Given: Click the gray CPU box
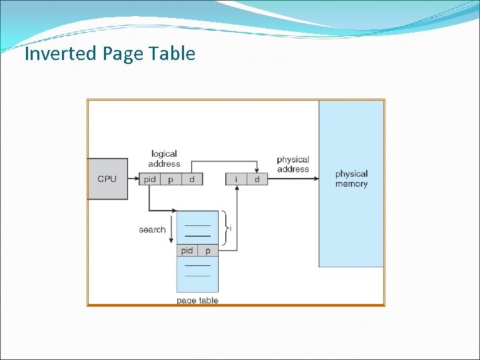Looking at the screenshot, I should click(107, 179).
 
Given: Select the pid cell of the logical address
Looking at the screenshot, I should click(150, 179).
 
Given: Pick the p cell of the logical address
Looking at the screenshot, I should click(171, 179).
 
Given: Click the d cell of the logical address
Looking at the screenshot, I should click(192, 179).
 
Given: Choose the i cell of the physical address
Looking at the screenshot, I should click(237, 179).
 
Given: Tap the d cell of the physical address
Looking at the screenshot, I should click(257, 179).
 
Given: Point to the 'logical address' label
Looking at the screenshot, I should click(164, 159).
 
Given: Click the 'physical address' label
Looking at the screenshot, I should click(293, 164).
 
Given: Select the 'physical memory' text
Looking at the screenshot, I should click(351, 179).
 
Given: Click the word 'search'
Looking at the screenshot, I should click(152, 229).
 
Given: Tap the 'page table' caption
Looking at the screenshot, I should click(197, 301).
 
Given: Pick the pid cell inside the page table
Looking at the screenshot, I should click(187, 251).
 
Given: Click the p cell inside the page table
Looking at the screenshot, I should click(208, 251).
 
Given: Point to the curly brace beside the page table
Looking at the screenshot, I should click(225, 229).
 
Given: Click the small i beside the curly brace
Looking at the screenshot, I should click(231, 228).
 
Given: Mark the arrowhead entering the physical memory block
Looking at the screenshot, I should click(315, 179).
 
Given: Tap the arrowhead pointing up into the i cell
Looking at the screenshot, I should click(237, 189).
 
